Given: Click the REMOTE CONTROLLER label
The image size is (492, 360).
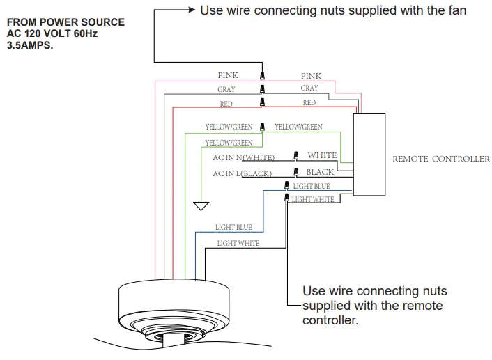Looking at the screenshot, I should click(440, 159).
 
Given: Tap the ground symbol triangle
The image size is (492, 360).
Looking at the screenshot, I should click(201, 206).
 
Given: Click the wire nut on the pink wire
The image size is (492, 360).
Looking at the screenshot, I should click(262, 75).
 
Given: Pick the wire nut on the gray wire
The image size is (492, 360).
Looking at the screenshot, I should click(262, 88).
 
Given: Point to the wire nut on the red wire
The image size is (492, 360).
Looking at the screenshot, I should click(262, 102).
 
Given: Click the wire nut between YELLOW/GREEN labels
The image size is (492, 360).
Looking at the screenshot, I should click(262, 127).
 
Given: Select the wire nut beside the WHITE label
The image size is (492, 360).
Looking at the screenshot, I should click(296, 155).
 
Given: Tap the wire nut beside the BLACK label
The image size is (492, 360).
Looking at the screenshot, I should click(296, 171).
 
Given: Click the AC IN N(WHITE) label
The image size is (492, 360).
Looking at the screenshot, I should click(243, 157).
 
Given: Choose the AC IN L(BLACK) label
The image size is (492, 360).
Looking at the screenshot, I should click(242, 173).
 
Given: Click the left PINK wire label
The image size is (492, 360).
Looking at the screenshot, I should click(227, 75).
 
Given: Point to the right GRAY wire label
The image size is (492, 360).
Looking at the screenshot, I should click(309, 88).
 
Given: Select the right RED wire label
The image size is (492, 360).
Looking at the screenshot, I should click(309, 102).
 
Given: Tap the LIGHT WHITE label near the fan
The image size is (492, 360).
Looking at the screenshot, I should click(238, 243).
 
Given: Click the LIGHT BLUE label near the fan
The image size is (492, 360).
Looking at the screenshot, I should click(233, 227).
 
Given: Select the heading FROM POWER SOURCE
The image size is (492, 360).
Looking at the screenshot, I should click(65, 22).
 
